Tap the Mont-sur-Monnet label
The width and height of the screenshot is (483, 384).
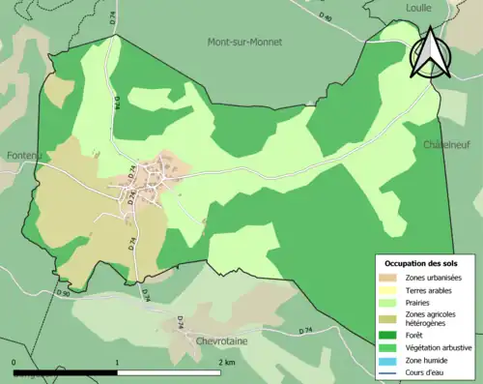click(x=241, y=42)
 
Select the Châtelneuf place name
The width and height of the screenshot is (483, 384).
click(x=447, y=144)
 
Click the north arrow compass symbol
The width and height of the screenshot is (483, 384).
click(x=429, y=52)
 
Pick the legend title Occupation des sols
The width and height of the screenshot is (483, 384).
click(x=422, y=263)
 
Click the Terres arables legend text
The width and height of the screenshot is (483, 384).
click(x=431, y=290)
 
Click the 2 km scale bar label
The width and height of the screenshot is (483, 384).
click(x=227, y=362)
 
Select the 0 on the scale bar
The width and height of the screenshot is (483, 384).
click(x=14, y=362)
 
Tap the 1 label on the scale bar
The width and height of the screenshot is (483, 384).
click(x=117, y=362)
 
